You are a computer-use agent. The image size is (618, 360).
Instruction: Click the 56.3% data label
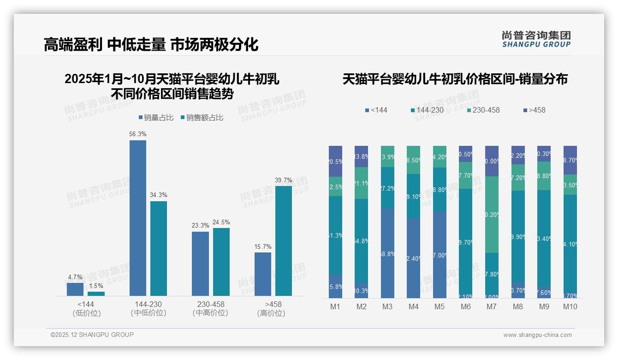pos(138,134)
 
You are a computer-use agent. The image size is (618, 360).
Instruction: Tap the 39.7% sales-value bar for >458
pos(283,240)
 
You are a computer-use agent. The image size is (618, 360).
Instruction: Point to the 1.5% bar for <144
pos(96,294)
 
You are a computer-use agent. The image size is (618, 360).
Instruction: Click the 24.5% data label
pos(221,222)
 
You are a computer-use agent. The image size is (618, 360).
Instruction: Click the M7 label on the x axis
pos(492,307)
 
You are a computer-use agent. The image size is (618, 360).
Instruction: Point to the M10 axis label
pos(570,307)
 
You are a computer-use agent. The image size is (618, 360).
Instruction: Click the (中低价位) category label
pos(149,313)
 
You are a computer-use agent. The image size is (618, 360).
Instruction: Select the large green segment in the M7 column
pos(492,215)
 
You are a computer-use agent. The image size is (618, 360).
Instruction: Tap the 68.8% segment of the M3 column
pos(387,253)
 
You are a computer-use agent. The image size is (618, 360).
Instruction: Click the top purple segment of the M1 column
pos(336,161)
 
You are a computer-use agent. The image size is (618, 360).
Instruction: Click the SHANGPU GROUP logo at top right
pos(536,39)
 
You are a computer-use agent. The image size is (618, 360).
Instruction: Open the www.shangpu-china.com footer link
pos(537,335)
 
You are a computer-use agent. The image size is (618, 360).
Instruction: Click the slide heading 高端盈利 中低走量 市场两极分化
pos(151,44)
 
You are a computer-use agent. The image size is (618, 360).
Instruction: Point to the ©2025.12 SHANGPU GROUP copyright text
pos(92,335)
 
